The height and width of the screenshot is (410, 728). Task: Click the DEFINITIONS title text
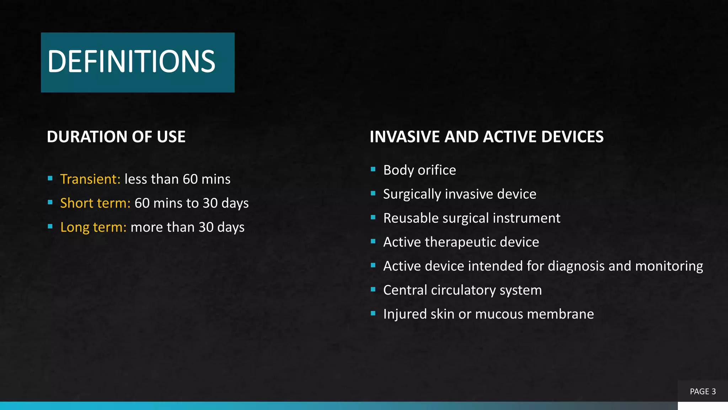pyautogui.click(x=131, y=62)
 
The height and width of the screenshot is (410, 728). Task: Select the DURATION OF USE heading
pyautogui.click(x=116, y=137)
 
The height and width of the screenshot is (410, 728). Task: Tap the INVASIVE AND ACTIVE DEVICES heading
pyautogui.click(x=486, y=137)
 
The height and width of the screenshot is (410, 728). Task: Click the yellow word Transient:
pyautogui.click(x=90, y=179)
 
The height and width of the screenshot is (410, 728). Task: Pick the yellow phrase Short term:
pyautogui.click(x=95, y=203)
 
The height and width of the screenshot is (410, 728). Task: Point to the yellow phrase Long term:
pyautogui.click(x=93, y=227)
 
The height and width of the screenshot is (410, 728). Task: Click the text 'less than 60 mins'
pyautogui.click(x=177, y=179)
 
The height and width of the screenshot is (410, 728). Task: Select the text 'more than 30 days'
pyautogui.click(x=187, y=227)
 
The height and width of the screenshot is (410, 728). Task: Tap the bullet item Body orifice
pyautogui.click(x=419, y=170)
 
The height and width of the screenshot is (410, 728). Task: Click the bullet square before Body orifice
pyautogui.click(x=373, y=169)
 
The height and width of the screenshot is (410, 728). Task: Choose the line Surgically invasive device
pyautogui.click(x=459, y=194)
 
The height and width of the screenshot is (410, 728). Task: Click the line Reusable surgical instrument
pyautogui.click(x=471, y=218)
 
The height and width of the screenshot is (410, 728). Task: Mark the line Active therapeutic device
pyautogui.click(x=461, y=242)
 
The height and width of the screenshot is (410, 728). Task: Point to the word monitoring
pyautogui.click(x=669, y=266)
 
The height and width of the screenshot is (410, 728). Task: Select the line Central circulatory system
pyautogui.click(x=462, y=290)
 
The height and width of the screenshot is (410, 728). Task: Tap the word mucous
pyautogui.click(x=499, y=314)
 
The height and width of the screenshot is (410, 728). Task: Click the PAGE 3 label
pyautogui.click(x=702, y=391)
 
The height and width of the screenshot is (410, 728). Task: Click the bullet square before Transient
pyautogui.click(x=50, y=178)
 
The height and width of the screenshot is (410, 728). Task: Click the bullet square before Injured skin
pyautogui.click(x=373, y=314)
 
